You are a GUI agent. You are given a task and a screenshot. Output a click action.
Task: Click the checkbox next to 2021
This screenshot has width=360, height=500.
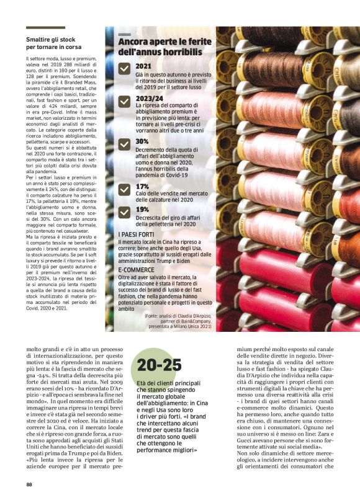click(124, 71)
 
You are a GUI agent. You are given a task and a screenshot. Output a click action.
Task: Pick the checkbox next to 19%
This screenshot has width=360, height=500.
click(124, 212)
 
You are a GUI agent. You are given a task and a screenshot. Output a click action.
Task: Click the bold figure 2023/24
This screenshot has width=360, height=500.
click(148, 98)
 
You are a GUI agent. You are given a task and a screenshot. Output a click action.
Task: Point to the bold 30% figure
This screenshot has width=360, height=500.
click(142, 141)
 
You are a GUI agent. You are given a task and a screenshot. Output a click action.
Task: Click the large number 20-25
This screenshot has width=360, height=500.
click(160, 364)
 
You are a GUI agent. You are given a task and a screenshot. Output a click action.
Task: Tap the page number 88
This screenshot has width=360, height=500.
click(29, 484)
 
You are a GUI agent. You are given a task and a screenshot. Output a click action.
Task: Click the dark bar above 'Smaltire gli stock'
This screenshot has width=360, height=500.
click(45, 27)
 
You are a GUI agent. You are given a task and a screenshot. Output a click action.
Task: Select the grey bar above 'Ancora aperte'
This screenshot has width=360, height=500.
click(124, 34)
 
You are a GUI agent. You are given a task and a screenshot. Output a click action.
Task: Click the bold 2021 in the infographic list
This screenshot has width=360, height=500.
click(143, 66)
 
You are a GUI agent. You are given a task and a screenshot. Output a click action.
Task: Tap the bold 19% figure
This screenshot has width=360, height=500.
click(142, 209)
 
